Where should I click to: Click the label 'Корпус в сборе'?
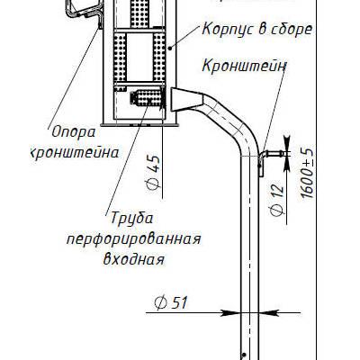pos(257,30)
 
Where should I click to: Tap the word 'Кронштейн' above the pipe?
pos(244,66)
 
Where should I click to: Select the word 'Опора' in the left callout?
pos(74,132)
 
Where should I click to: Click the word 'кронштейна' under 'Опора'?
pos(75,153)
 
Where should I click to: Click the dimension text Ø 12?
pos(277,199)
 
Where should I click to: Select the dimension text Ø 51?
pos(171,302)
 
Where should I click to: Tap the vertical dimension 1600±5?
pos(308,173)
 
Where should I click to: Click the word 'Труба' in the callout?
pos(132,218)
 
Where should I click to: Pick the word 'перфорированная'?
pos(133,239)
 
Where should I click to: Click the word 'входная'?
pos(134,259)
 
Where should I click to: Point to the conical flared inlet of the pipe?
pos(187,99)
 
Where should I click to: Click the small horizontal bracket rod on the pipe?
pos(273,154)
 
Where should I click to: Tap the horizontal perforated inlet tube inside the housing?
pos(147,97)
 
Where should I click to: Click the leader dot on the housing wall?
pos(170,48)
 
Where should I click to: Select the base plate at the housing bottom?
pos(140,124)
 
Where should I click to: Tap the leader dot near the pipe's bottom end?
pos(245,355)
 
